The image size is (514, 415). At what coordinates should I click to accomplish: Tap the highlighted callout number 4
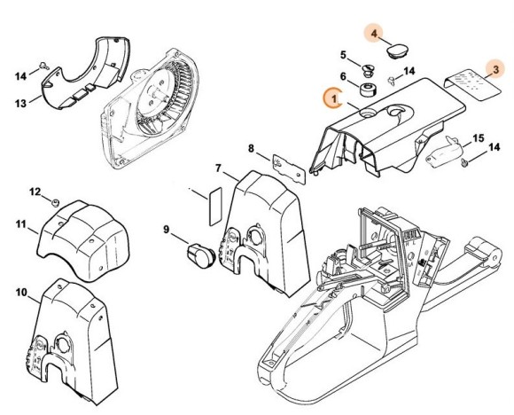pos(375,35)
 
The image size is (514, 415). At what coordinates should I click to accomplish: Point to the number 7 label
pos(218,168)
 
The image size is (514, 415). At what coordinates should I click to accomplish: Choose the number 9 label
pos(166,231)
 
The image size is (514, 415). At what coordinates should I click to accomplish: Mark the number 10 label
pos(20,292)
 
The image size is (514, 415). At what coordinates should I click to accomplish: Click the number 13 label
pos(21,102)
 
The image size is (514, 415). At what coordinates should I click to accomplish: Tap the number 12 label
pos(35,191)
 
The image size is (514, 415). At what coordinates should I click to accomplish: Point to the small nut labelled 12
pos(55,202)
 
